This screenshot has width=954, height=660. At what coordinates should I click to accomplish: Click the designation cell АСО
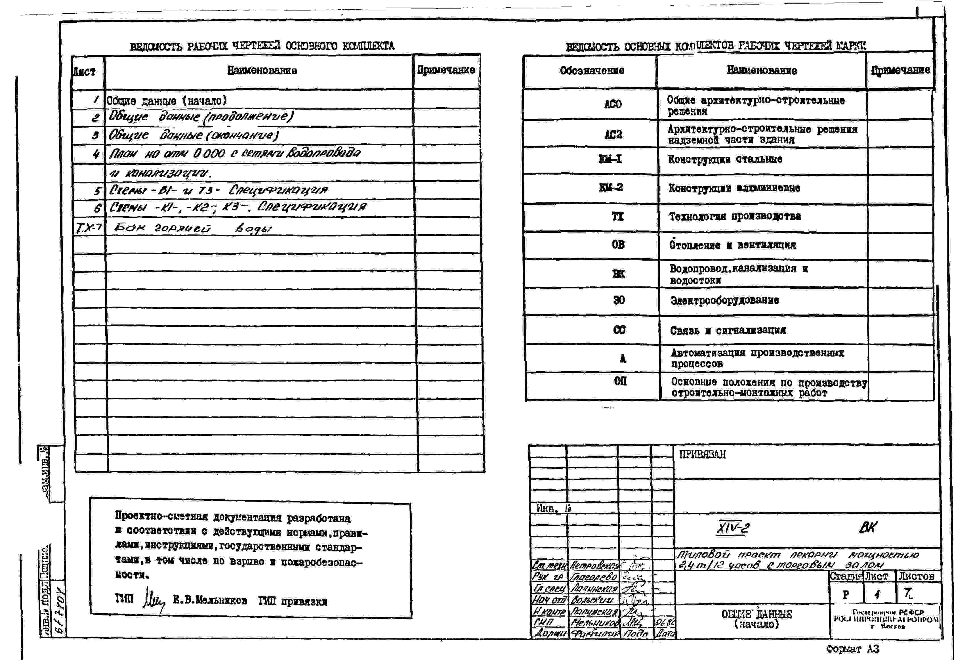(613, 104)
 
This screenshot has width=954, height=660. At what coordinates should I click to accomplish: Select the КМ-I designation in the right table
(610, 159)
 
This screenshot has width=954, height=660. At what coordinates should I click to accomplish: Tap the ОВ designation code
(618, 245)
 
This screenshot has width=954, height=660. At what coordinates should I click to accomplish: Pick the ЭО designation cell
(619, 300)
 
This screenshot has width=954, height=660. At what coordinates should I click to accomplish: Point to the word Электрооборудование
(725, 301)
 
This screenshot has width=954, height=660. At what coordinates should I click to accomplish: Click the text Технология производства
(735, 216)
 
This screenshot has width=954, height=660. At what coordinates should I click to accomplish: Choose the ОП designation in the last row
(620, 381)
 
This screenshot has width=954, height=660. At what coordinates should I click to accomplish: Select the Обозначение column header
(592, 71)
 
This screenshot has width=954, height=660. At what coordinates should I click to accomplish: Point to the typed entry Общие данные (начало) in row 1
(167, 100)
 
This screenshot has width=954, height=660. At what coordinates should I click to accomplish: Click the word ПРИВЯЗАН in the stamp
(702, 454)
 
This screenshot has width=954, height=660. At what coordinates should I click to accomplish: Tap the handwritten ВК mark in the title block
(868, 527)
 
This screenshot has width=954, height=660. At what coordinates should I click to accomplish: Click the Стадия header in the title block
(846, 576)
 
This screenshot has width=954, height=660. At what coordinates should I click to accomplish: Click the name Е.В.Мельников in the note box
(210, 600)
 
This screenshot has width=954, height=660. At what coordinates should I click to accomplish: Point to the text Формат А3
(852, 649)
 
